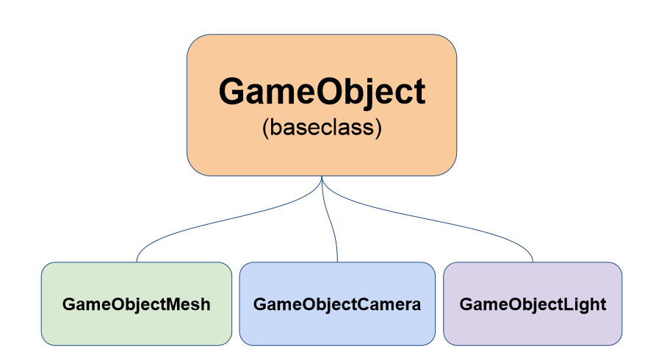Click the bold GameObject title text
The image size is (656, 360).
click(x=322, y=93)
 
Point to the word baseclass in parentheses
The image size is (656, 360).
click(x=322, y=127)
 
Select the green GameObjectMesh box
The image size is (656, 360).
click(x=137, y=327)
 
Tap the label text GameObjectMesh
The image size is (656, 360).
click(x=137, y=304)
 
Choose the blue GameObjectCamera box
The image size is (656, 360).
click(x=337, y=327)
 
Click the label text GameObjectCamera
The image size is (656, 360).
click(x=337, y=304)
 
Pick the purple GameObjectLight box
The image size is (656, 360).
click(x=533, y=327)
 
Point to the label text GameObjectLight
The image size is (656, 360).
click(x=533, y=304)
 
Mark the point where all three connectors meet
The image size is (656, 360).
click(x=322, y=178)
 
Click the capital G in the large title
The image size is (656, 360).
click(x=232, y=93)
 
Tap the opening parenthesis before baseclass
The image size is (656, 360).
click(x=265, y=128)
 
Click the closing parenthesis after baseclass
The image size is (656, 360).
click(x=378, y=128)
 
